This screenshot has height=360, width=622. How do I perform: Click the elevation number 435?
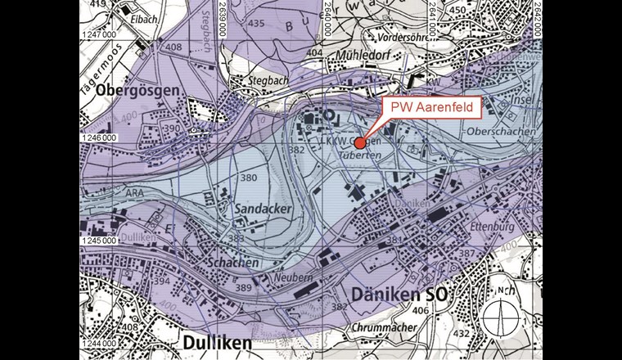pyautogui.click(x=255, y=24)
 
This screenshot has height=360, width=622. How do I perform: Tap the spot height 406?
pyautogui.click(x=421, y=312)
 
